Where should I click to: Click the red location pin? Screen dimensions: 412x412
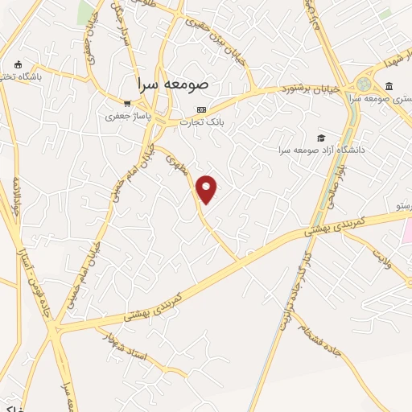pos(207,188)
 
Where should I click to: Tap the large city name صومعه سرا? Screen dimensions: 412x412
pos(172,83)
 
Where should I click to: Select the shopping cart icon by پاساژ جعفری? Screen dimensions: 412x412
pos(127,103)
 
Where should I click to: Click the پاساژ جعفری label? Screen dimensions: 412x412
pos(128,117)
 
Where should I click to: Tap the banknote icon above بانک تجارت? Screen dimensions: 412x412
pos(201,109)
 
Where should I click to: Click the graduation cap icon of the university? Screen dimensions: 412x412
pos(322,138)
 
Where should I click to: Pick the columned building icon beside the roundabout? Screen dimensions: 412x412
pos(389,85)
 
